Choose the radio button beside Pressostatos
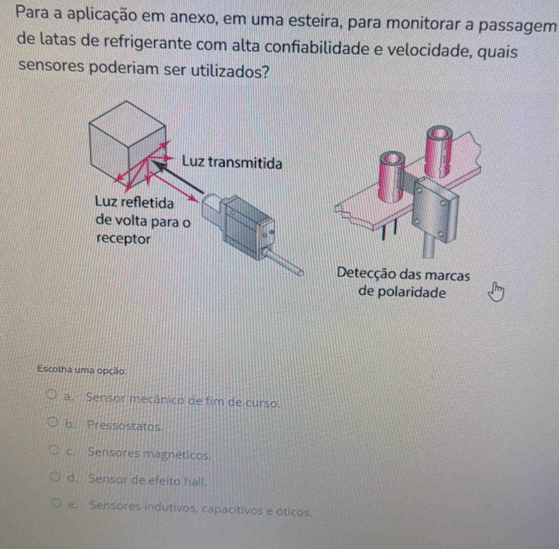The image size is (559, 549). point(53,422)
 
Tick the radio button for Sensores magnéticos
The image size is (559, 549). point(54,450)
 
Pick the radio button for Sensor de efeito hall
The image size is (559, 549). point(55,477)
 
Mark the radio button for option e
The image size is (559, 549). point(56,503)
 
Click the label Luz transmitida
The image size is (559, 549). point(232,163)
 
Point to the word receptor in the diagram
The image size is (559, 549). point(123,239)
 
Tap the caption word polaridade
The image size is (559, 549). point(411,292)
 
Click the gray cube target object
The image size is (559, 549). point(128,143)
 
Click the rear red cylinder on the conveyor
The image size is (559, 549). point(439,151)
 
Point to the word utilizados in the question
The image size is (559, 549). point(230,71)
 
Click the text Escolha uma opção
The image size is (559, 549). point(82,369)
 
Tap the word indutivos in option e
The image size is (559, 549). point(170,507)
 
